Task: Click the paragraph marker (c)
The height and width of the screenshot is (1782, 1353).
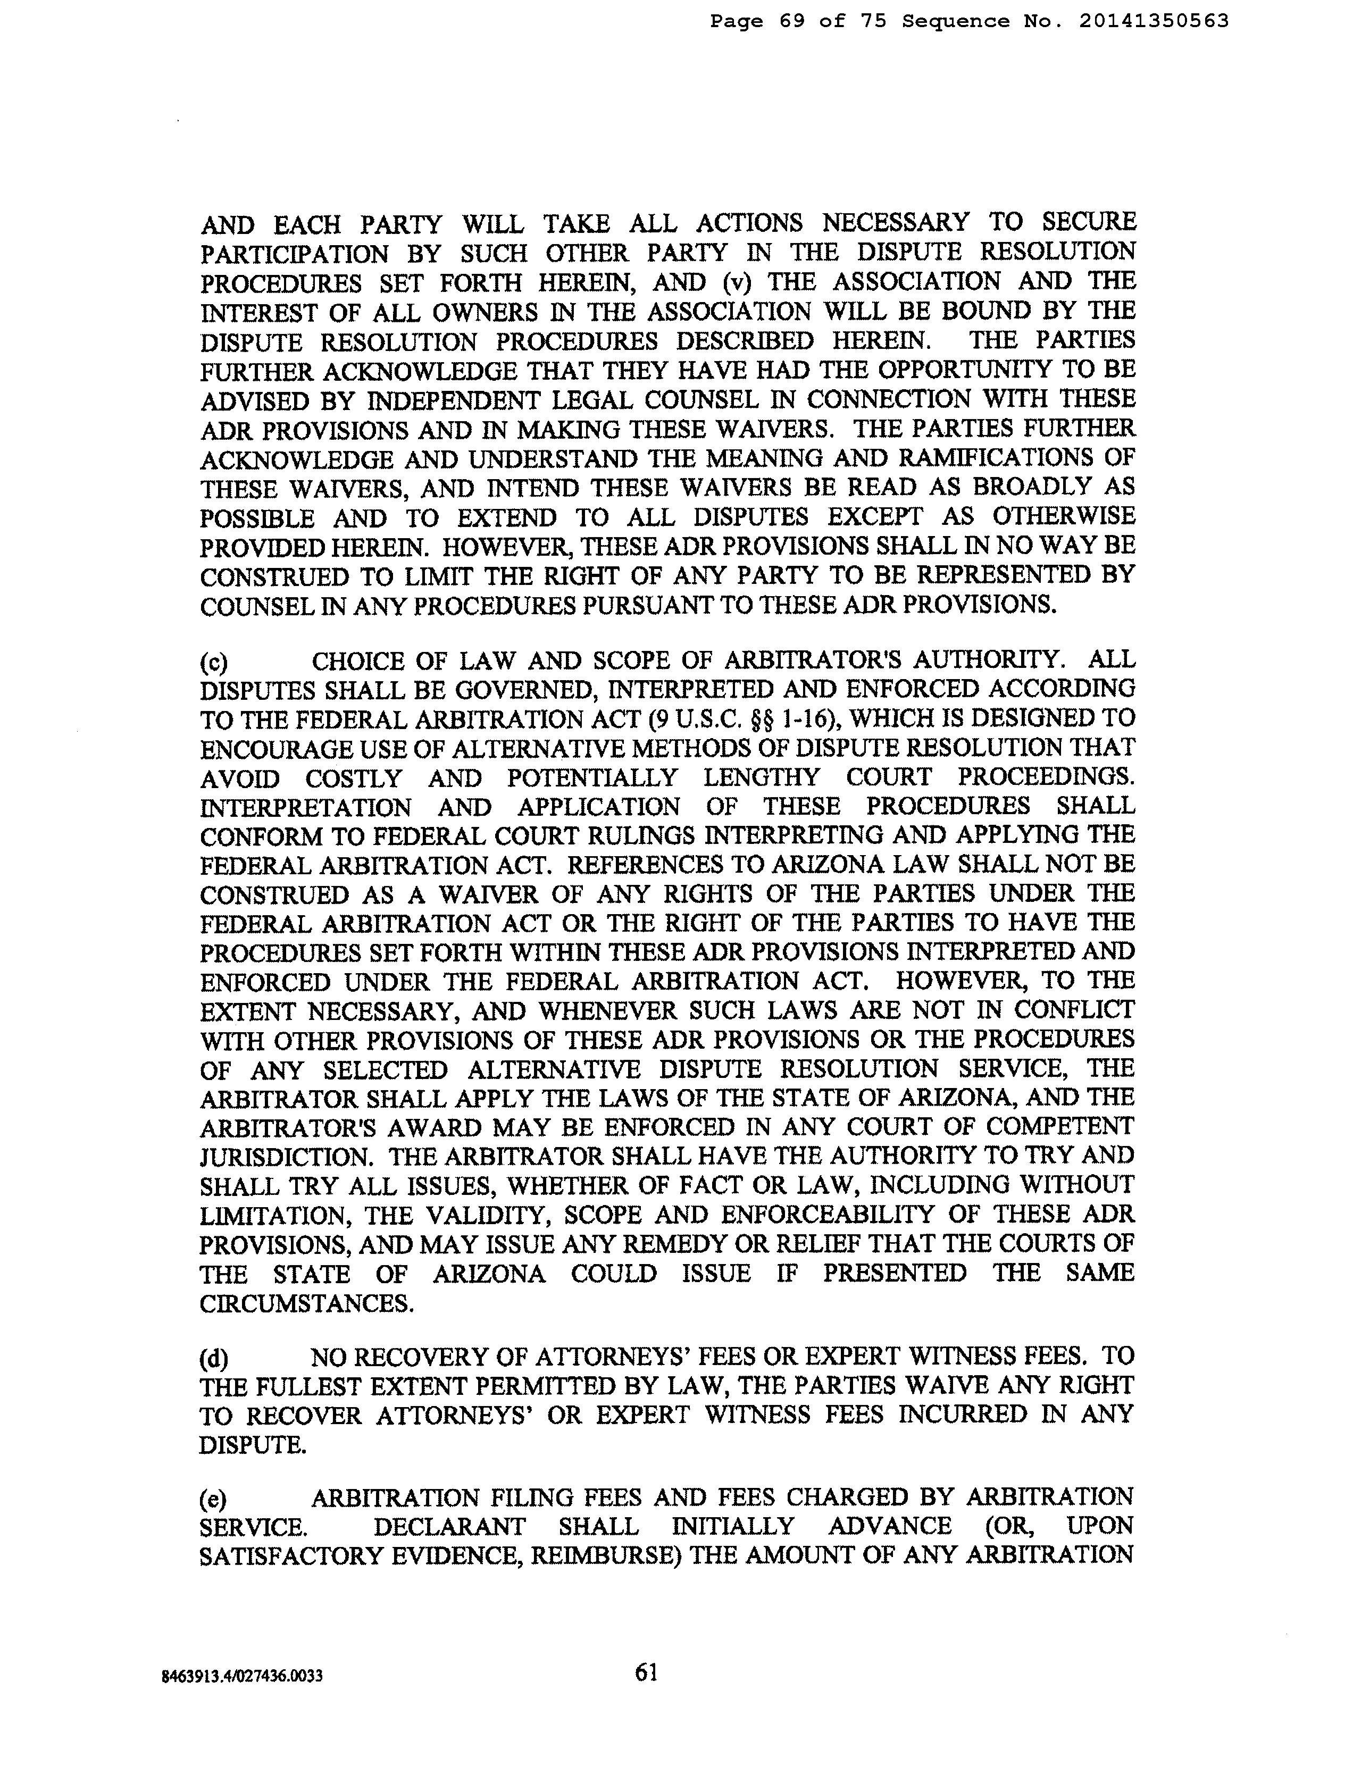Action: pos(214,662)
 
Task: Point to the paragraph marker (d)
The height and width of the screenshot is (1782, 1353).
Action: pos(214,1358)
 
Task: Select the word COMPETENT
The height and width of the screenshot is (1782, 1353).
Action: pos(1060,1126)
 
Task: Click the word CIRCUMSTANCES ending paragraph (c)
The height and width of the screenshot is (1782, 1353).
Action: pos(307,1303)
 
